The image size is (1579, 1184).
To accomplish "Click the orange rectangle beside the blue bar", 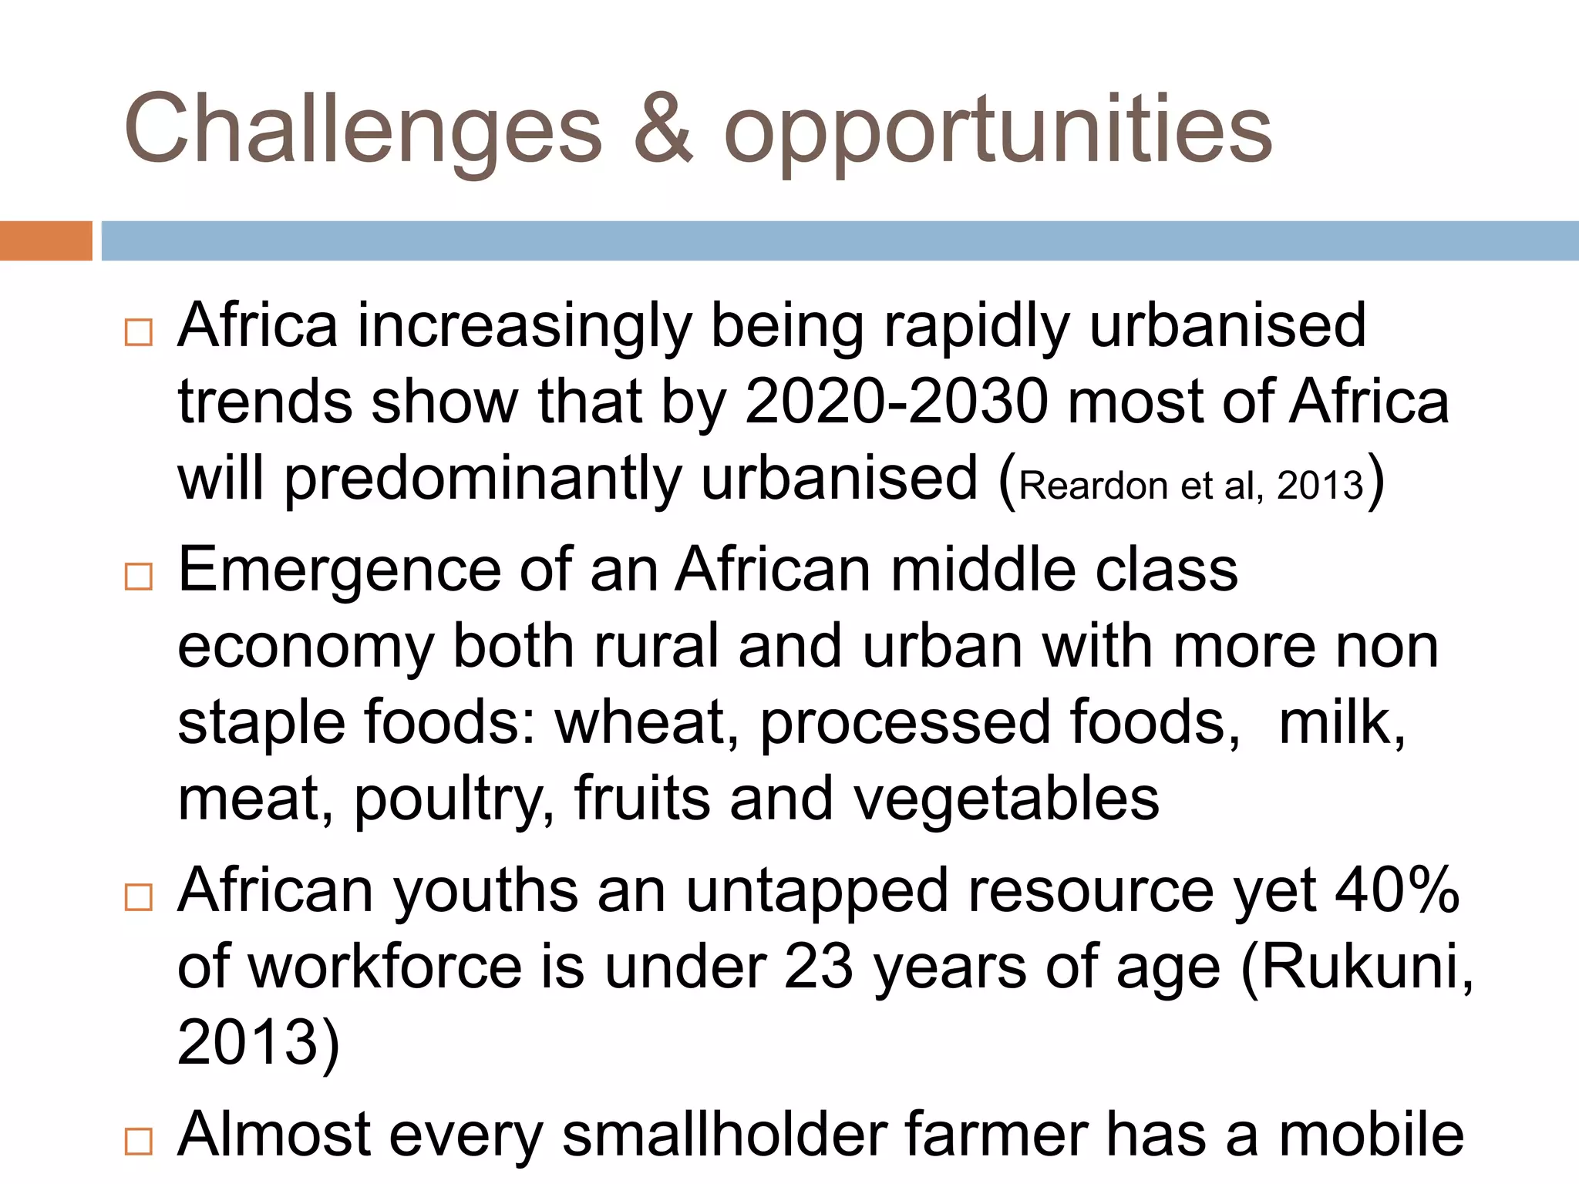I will point(45,240).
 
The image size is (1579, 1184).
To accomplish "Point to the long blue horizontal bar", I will point(839,240).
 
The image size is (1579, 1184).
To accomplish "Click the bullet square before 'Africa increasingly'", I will point(138,332).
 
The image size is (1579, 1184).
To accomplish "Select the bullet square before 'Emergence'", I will point(138,576).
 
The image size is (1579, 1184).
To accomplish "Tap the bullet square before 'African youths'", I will point(138,896).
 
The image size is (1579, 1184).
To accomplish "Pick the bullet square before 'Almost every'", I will point(138,1140).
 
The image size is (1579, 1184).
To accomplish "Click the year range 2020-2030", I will point(897,402).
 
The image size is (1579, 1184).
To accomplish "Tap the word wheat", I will point(646,723).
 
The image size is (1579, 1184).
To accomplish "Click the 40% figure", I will point(1397,891).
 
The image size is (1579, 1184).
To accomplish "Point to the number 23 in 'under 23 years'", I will point(819,967).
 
